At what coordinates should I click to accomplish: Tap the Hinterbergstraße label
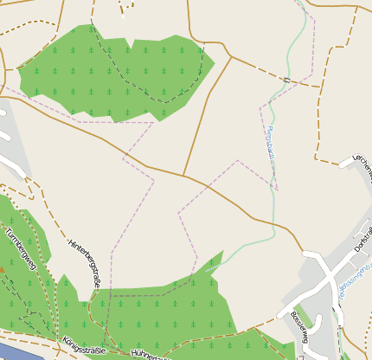click(85, 262)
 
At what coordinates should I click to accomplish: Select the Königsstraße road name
click(84, 349)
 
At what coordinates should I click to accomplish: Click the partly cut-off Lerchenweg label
click(362, 168)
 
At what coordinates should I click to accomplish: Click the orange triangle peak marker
click(2, 270)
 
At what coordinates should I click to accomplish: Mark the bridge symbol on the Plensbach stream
click(285, 79)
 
